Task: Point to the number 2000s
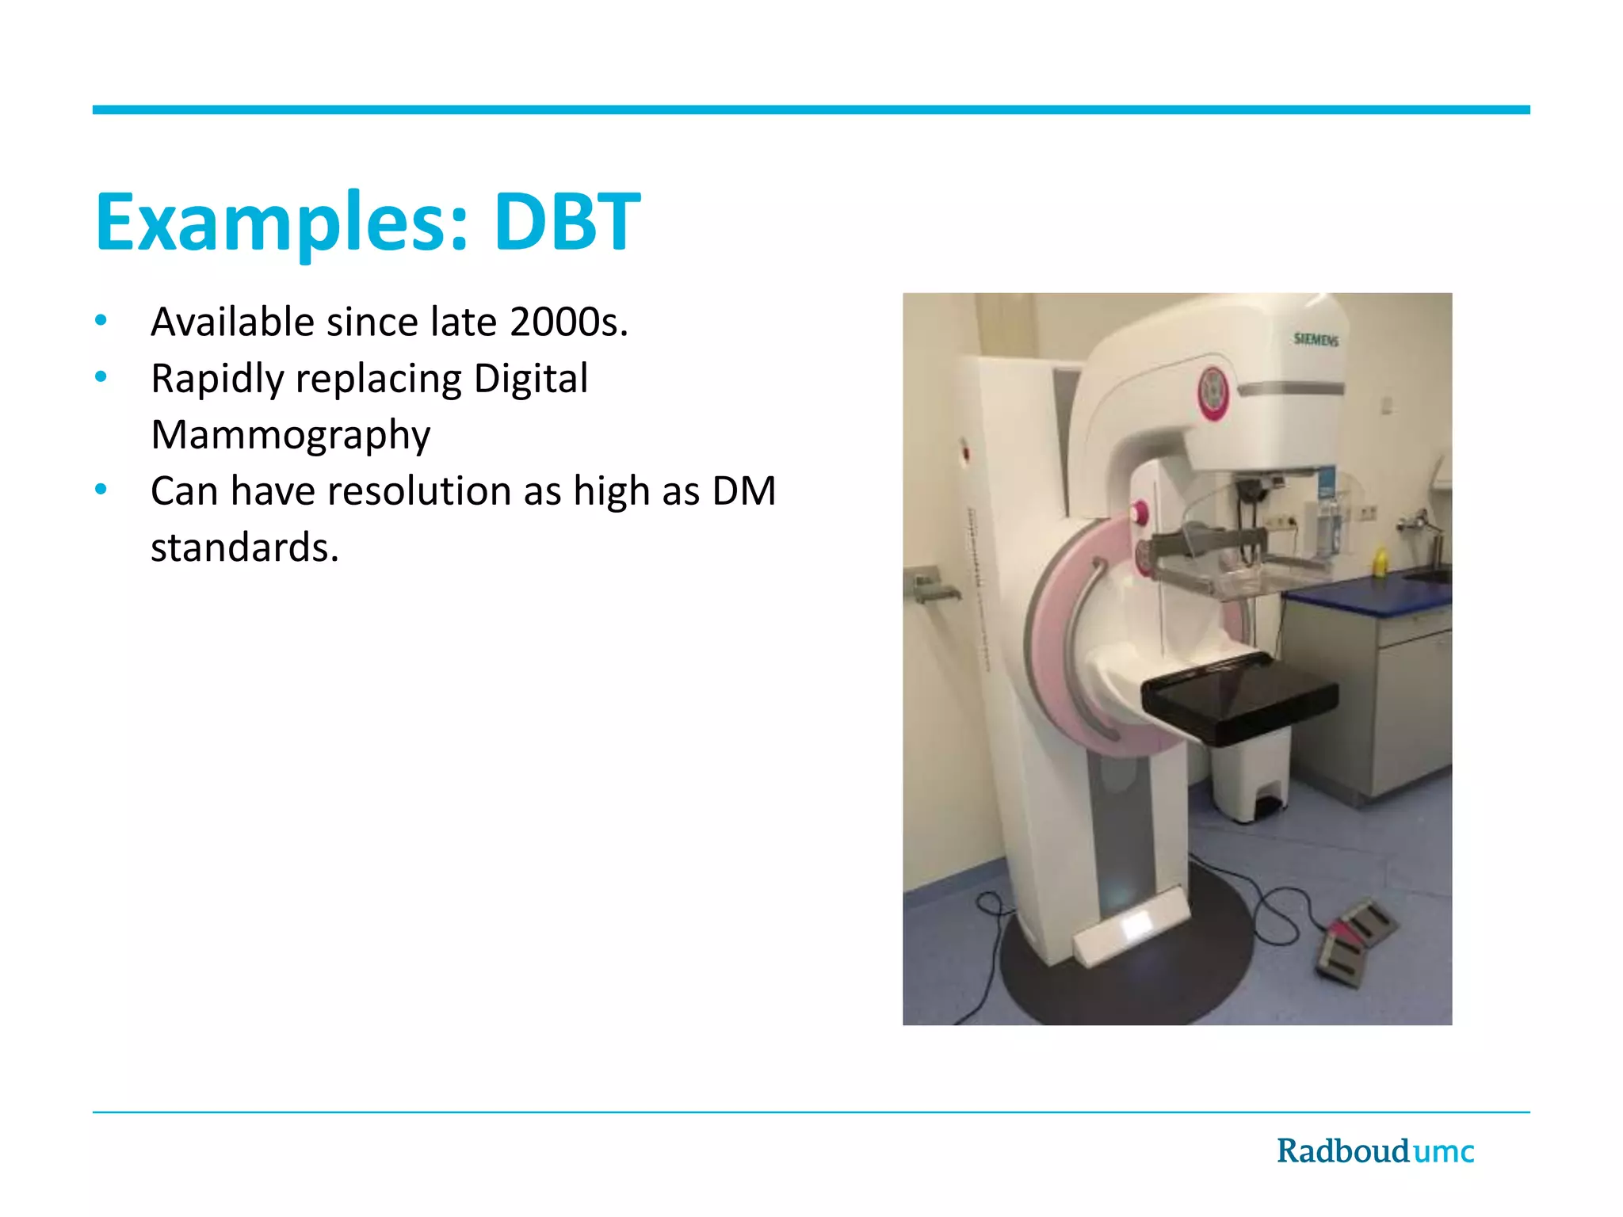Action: coord(568,322)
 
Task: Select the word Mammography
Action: coord(291,435)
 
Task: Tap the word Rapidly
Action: coord(216,379)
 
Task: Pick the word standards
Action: coord(244,547)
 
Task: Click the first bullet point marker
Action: coord(101,321)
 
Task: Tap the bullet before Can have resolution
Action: coord(101,490)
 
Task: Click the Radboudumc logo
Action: coord(1375,1151)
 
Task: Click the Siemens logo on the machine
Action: coord(1316,340)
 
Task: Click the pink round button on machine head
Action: coord(1212,392)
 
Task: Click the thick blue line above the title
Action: coord(811,110)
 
